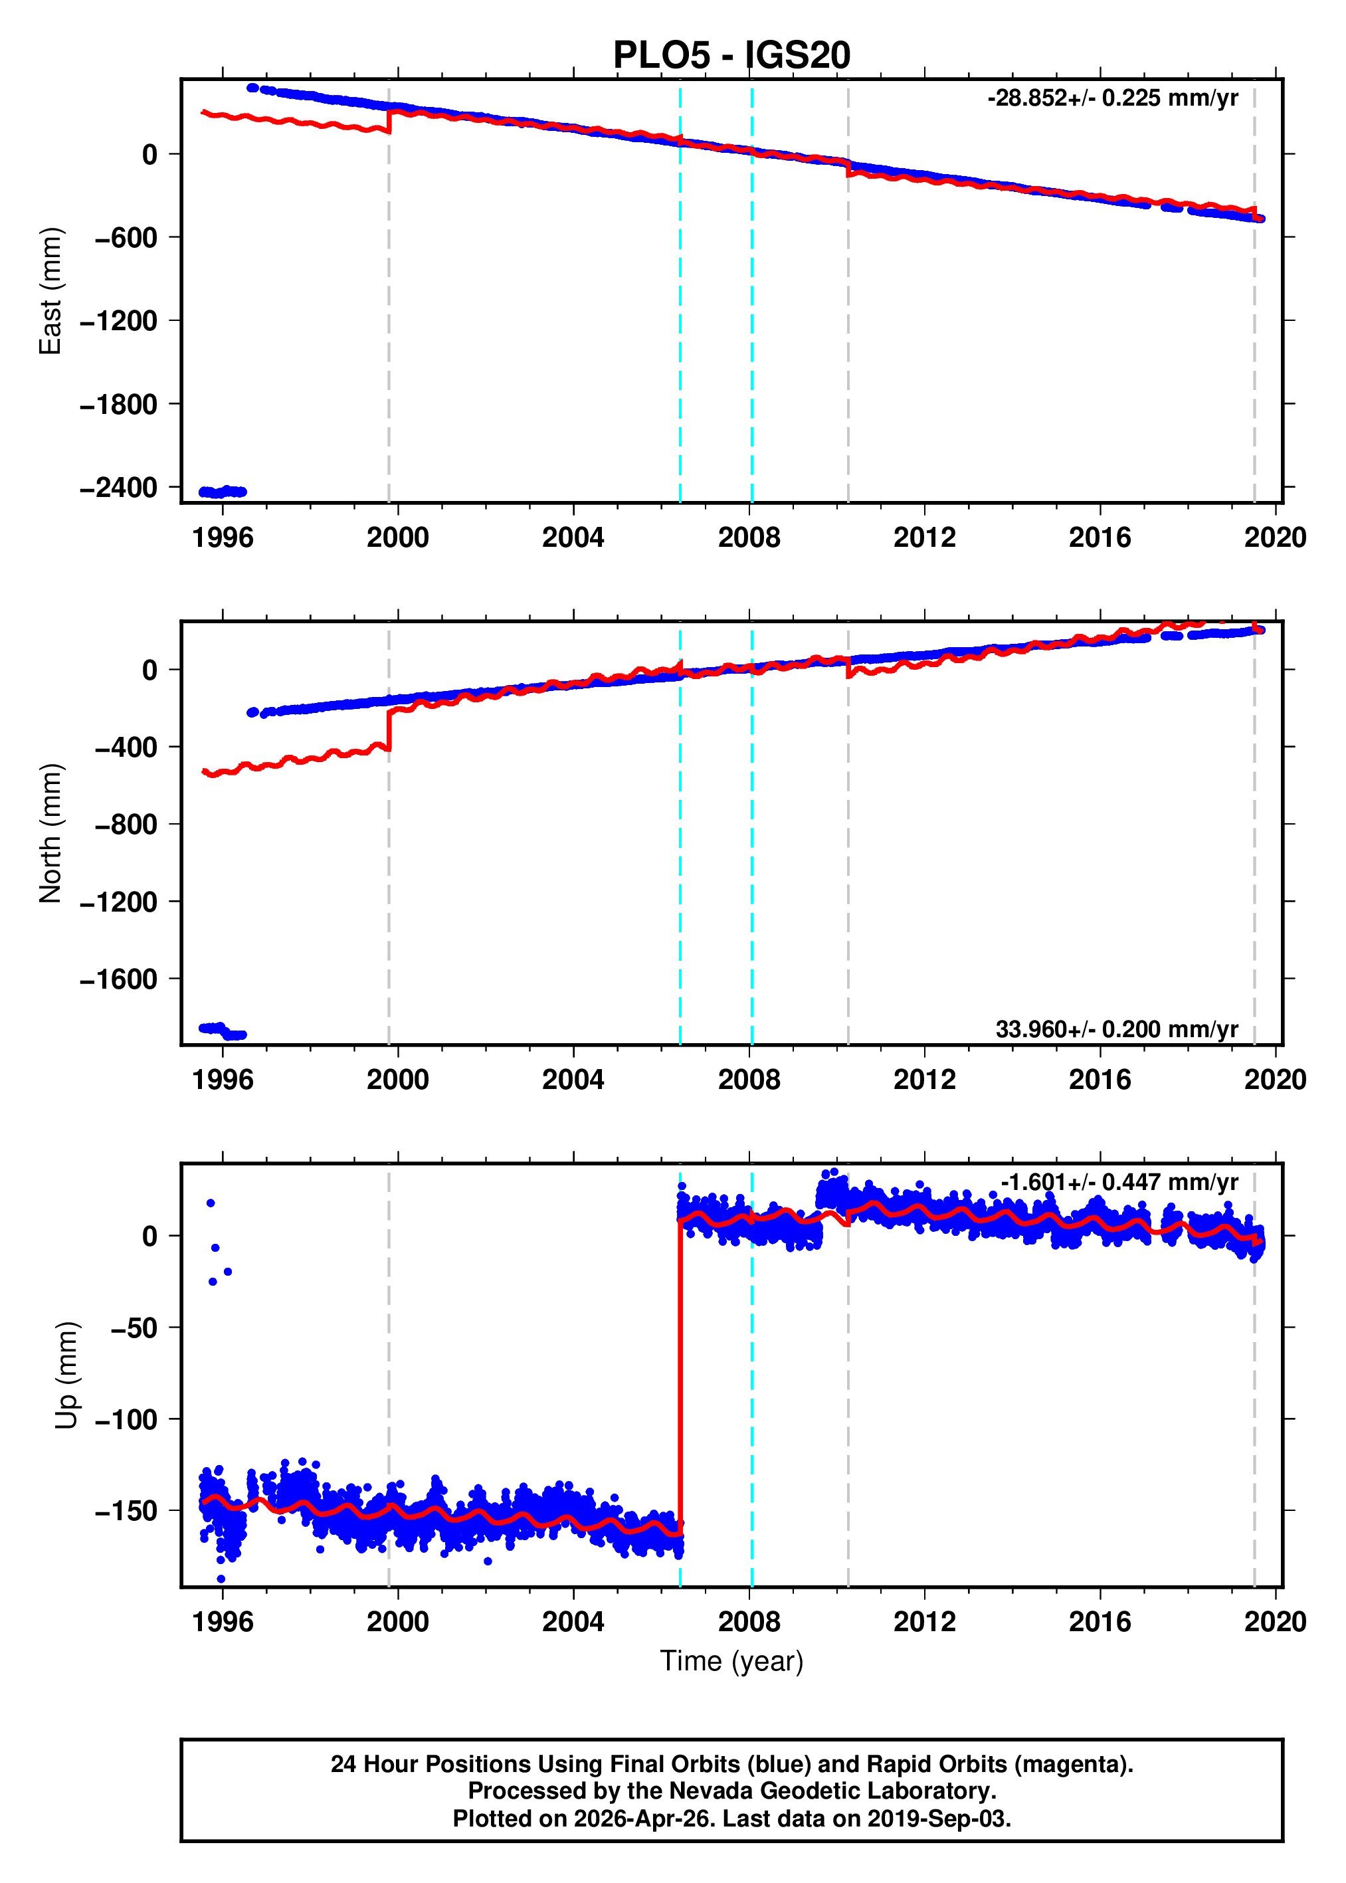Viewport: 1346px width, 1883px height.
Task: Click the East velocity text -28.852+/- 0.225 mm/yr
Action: click(1112, 98)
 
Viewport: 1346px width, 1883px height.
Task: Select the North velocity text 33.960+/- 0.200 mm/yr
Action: click(1116, 1029)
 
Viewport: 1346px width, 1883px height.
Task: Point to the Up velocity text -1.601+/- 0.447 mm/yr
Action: click(1119, 1182)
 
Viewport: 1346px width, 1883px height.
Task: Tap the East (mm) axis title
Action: click(50, 291)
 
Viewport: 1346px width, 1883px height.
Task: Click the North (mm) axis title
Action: click(50, 833)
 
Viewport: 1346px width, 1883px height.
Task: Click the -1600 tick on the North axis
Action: click(118, 979)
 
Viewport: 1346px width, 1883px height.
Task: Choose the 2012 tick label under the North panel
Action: click(924, 1080)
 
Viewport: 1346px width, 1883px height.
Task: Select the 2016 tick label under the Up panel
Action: click(1099, 1622)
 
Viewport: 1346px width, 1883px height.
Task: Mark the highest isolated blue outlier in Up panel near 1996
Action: click(211, 1203)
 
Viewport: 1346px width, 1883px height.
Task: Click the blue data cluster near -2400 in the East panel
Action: click(222, 492)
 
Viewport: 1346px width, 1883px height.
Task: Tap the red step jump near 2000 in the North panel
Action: click(389, 730)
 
